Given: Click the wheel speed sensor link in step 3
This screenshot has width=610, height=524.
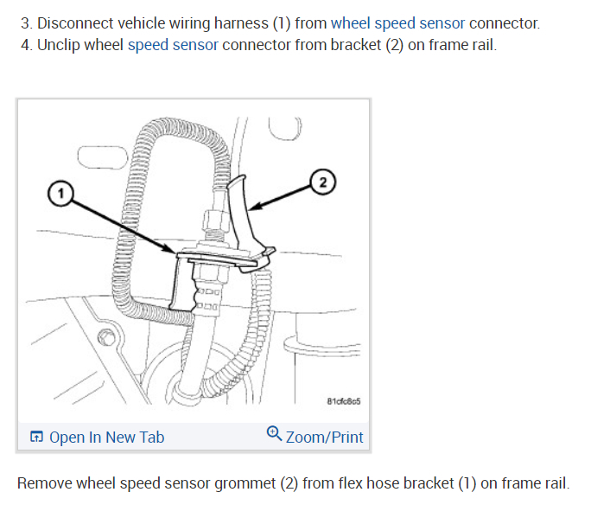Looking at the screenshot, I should (397, 23).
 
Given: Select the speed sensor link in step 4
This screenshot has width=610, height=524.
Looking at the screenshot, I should (173, 44).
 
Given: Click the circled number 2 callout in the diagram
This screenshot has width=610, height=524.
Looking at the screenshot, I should (322, 182).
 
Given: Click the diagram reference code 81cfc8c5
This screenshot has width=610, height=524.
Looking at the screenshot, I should (344, 401).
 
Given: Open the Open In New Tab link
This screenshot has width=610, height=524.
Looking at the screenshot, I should (106, 438).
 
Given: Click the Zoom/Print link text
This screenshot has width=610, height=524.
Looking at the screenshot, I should (324, 438).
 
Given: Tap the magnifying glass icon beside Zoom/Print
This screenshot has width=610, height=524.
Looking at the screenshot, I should (274, 433).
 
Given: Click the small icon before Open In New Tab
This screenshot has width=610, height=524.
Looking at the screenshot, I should (36, 438).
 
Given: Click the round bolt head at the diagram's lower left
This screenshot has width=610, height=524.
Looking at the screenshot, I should (105, 335).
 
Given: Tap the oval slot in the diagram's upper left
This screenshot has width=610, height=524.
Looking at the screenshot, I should (94, 157).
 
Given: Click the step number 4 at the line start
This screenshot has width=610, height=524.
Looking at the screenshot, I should (25, 44).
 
